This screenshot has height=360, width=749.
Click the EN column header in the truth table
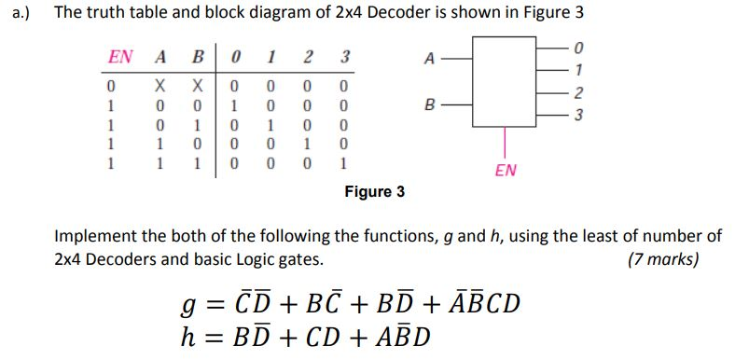119,57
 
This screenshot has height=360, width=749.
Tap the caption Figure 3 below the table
374,191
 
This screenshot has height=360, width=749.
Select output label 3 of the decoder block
579,116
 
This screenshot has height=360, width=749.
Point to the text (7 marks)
663,258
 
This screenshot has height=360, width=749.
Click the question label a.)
17,14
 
